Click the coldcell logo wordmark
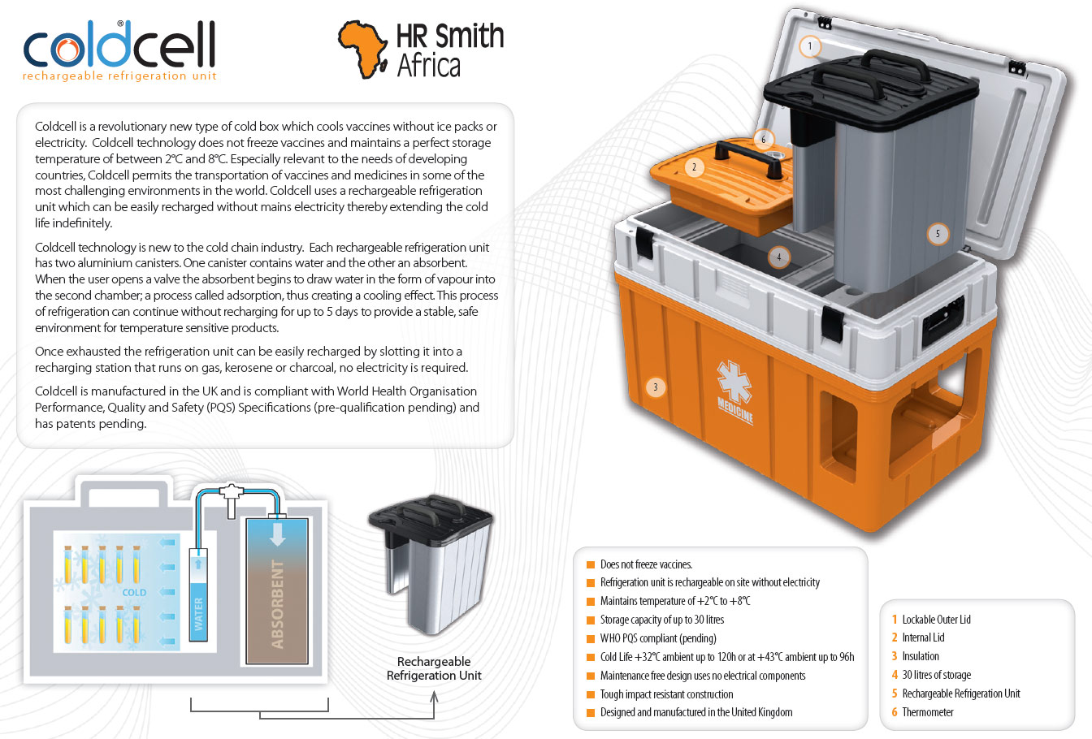[x=119, y=45]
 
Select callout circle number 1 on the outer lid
[x=809, y=46]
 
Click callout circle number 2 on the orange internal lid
[x=694, y=167]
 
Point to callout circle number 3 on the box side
[x=655, y=387]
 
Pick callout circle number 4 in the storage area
[x=778, y=257]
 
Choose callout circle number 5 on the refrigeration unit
[x=938, y=234]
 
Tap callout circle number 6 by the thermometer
[x=763, y=139]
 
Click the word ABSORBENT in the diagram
[x=278, y=603]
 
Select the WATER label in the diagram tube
[x=199, y=613]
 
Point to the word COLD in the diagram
[x=134, y=592]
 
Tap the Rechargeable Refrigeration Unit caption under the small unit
[x=434, y=668]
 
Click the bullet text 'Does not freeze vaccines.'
[x=646, y=564]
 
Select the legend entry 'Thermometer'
[x=927, y=712]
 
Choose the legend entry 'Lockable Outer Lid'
[x=936, y=620]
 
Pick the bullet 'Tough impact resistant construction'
[x=666, y=694]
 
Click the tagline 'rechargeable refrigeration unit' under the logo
[x=119, y=76]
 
